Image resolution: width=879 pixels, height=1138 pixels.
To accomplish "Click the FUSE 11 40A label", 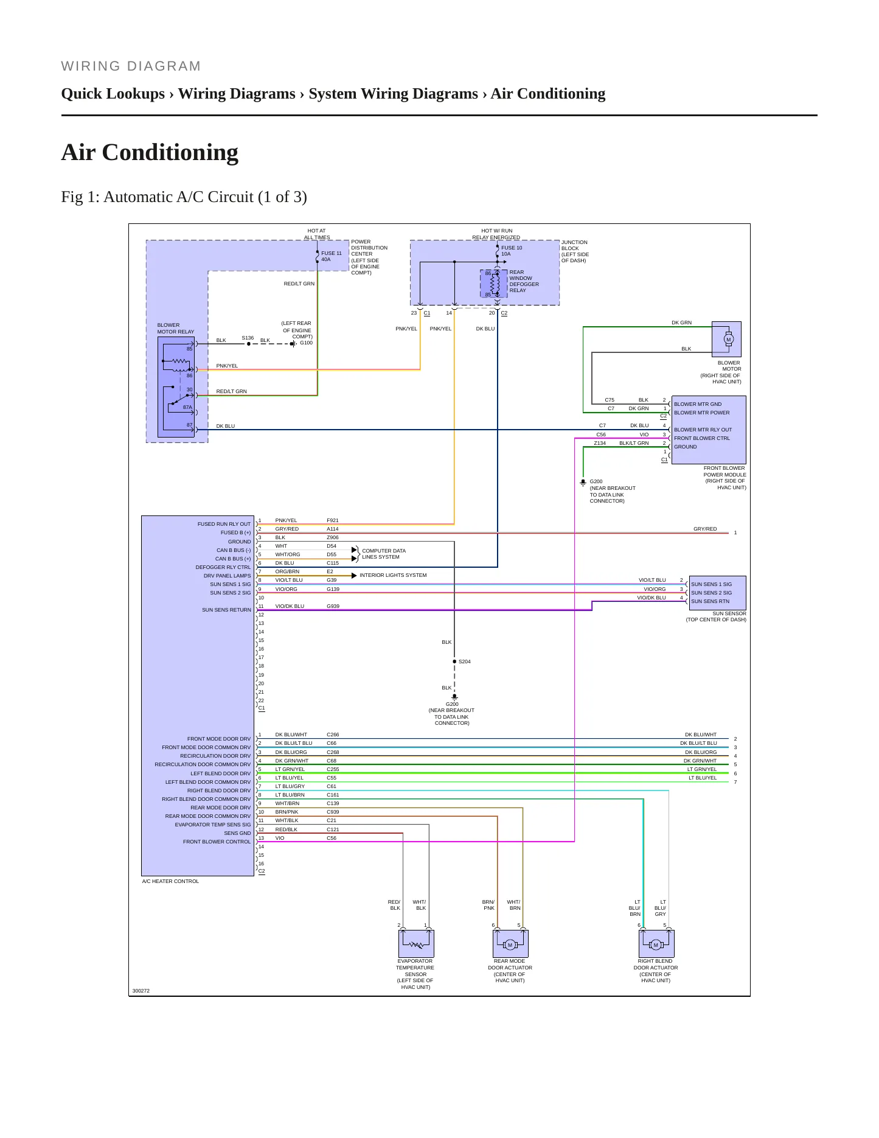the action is point(332,256).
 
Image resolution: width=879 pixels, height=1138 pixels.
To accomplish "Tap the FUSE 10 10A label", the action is point(512,251).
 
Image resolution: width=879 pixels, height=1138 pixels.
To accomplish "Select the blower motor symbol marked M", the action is point(728,340).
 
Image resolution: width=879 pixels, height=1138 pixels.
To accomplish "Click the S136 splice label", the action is point(248,338).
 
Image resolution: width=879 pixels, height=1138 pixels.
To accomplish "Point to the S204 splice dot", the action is point(454,662).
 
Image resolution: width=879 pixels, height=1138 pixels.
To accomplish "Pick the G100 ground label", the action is point(306,343).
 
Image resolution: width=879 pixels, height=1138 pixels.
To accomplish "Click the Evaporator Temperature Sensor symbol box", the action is point(416,943).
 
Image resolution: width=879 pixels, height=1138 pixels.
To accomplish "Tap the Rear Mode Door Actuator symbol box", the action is point(510,943).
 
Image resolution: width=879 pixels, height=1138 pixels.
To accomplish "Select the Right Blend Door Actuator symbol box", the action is point(656,943).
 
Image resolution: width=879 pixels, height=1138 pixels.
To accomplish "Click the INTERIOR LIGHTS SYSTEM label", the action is point(393,575).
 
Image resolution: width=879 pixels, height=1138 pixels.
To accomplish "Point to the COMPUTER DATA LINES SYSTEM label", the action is point(384,554).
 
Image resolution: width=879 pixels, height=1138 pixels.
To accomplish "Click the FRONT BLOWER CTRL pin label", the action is point(702,438).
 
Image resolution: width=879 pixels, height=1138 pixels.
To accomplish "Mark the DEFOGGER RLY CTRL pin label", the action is point(223,567).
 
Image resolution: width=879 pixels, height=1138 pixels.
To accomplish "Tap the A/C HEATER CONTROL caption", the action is point(170,881).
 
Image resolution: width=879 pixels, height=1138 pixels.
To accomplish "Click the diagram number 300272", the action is point(141,991).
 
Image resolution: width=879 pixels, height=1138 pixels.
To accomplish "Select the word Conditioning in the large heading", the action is point(170,153).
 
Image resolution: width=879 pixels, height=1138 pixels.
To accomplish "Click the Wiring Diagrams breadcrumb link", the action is point(237,94).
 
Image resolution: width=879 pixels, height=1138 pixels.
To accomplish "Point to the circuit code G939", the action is point(333,606).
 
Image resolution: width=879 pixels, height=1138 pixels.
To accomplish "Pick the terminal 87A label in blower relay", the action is point(187,407).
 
